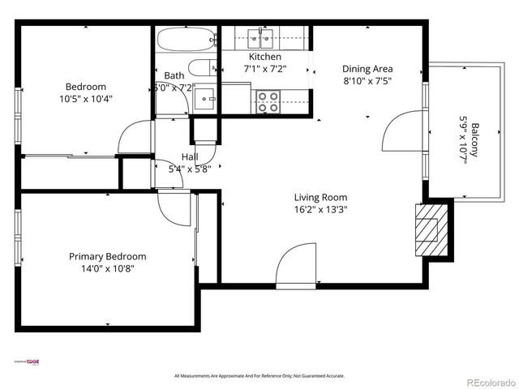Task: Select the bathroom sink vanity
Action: (206, 99)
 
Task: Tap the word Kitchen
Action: (265, 57)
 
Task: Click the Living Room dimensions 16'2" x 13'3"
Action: (320, 210)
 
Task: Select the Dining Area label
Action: (367, 69)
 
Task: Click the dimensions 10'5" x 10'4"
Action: (85, 99)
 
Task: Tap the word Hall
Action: (190, 156)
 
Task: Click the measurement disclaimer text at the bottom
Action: (259, 376)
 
